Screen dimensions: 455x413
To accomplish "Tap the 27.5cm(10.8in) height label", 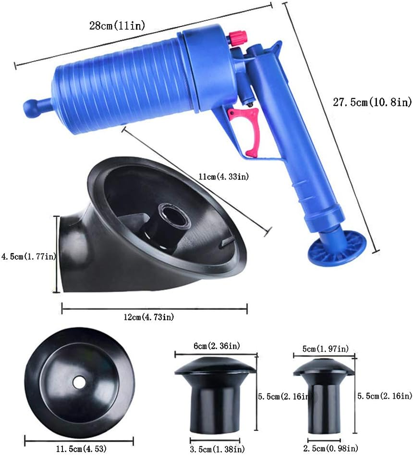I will click(372, 101).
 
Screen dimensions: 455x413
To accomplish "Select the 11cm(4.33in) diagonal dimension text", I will click(225, 177).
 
